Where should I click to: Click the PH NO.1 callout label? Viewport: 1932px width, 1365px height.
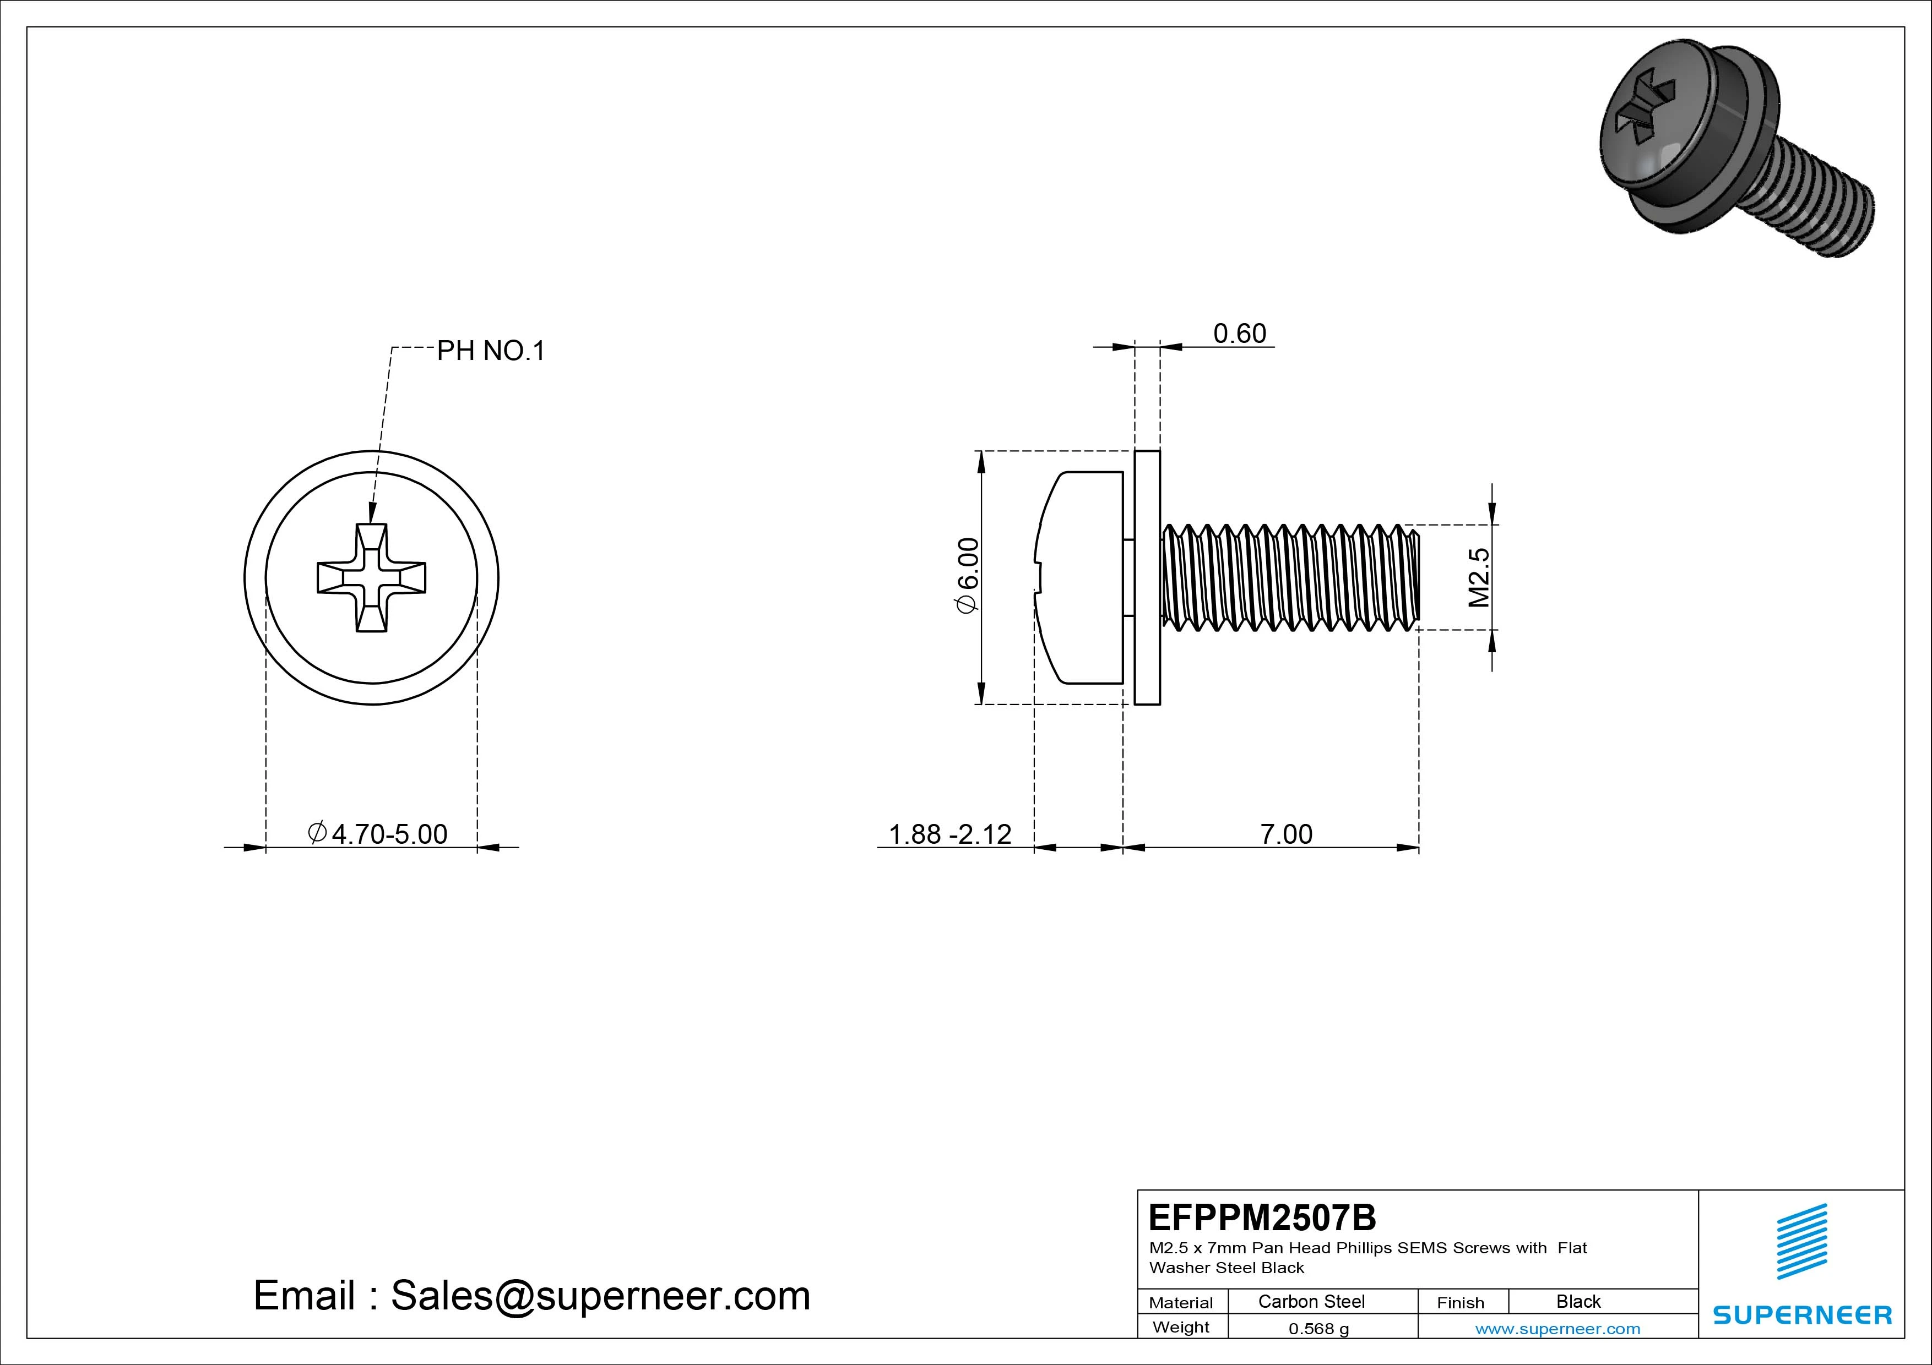(491, 351)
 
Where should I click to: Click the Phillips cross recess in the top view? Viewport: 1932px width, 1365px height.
(371, 578)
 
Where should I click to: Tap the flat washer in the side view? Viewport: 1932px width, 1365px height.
(1147, 578)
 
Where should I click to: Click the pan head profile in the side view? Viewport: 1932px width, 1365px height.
(1081, 578)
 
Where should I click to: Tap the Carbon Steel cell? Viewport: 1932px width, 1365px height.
(1311, 1302)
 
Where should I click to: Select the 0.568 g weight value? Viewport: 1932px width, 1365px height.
(1318, 1329)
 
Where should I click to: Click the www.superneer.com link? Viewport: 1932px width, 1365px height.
(1557, 1329)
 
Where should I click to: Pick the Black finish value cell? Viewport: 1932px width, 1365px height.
(1578, 1302)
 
